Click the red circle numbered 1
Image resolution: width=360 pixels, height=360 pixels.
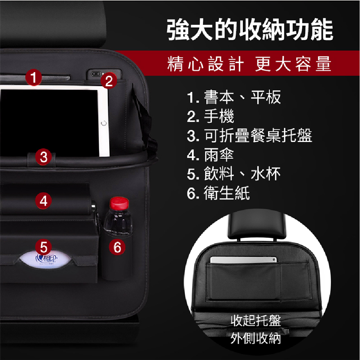coord(33,78)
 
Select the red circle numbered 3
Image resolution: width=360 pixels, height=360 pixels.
coord(44,157)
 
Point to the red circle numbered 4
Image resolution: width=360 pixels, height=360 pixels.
coord(44,201)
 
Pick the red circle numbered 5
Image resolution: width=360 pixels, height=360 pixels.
coord(44,247)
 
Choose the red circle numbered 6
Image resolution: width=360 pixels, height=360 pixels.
coord(117,247)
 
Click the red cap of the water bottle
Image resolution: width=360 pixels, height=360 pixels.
coord(119,203)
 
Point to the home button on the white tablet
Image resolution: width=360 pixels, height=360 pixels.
coord(104,123)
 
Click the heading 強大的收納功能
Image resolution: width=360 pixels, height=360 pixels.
coord(250,29)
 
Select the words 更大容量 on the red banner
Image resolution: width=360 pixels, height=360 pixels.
coord(293,64)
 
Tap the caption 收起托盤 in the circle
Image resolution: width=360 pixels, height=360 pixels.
coord(256,320)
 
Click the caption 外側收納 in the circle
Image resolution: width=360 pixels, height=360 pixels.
coord(256,338)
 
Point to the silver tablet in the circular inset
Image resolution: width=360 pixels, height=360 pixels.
coord(243,260)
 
